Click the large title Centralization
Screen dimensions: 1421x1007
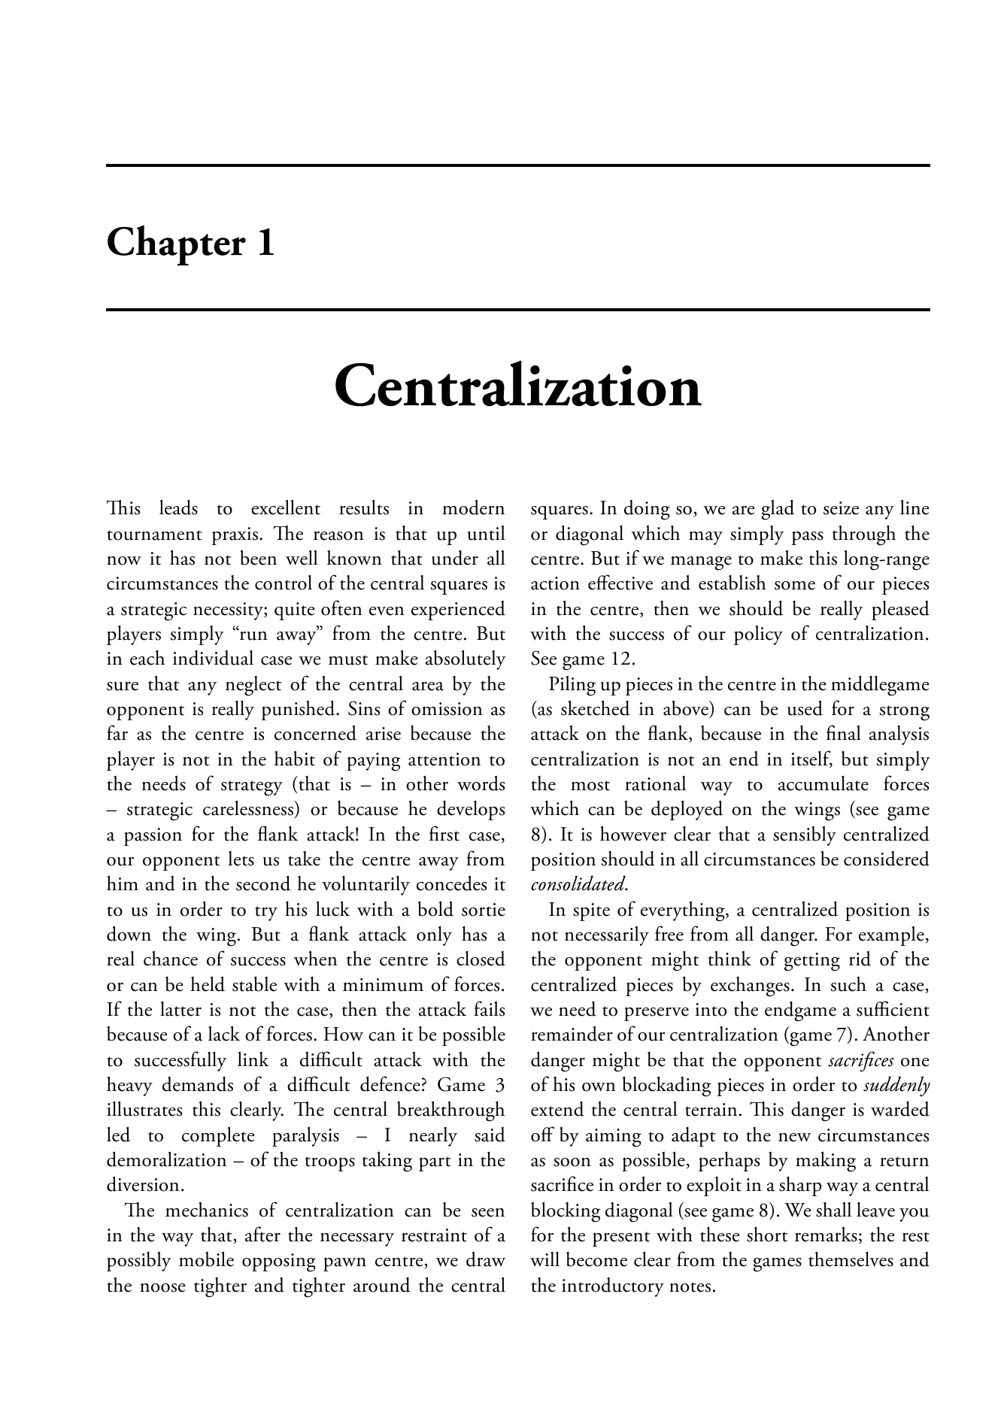tap(517, 386)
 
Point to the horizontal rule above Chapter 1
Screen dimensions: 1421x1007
tap(517, 165)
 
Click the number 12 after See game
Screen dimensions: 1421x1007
tap(623, 659)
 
